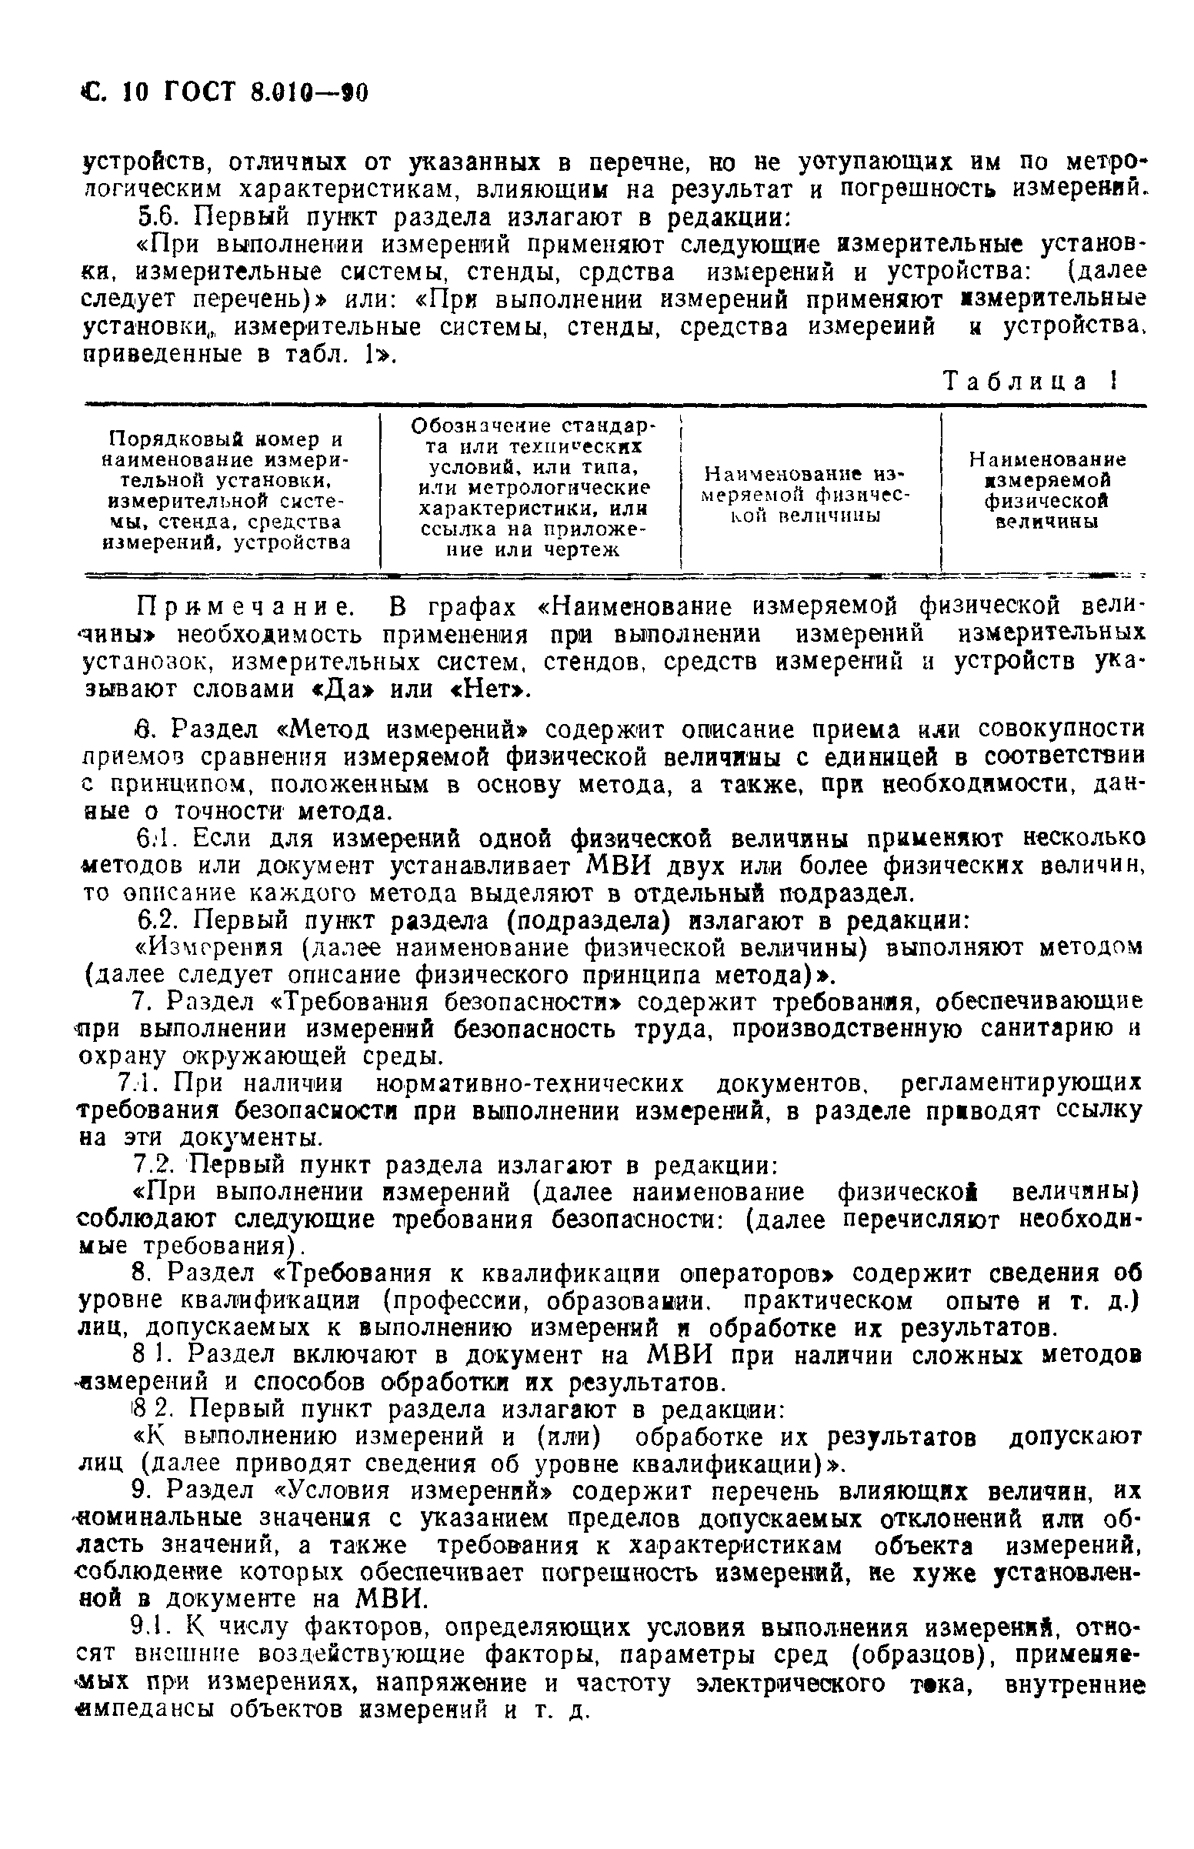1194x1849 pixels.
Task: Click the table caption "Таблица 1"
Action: [x=1029, y=382]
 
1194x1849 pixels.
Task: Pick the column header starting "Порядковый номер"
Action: [x=226, y=491]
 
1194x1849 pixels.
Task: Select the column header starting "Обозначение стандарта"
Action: [x=532, y=488]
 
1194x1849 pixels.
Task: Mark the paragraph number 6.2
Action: [x=158, y=920]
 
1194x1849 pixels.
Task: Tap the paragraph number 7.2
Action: [x=158, y=1165]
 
